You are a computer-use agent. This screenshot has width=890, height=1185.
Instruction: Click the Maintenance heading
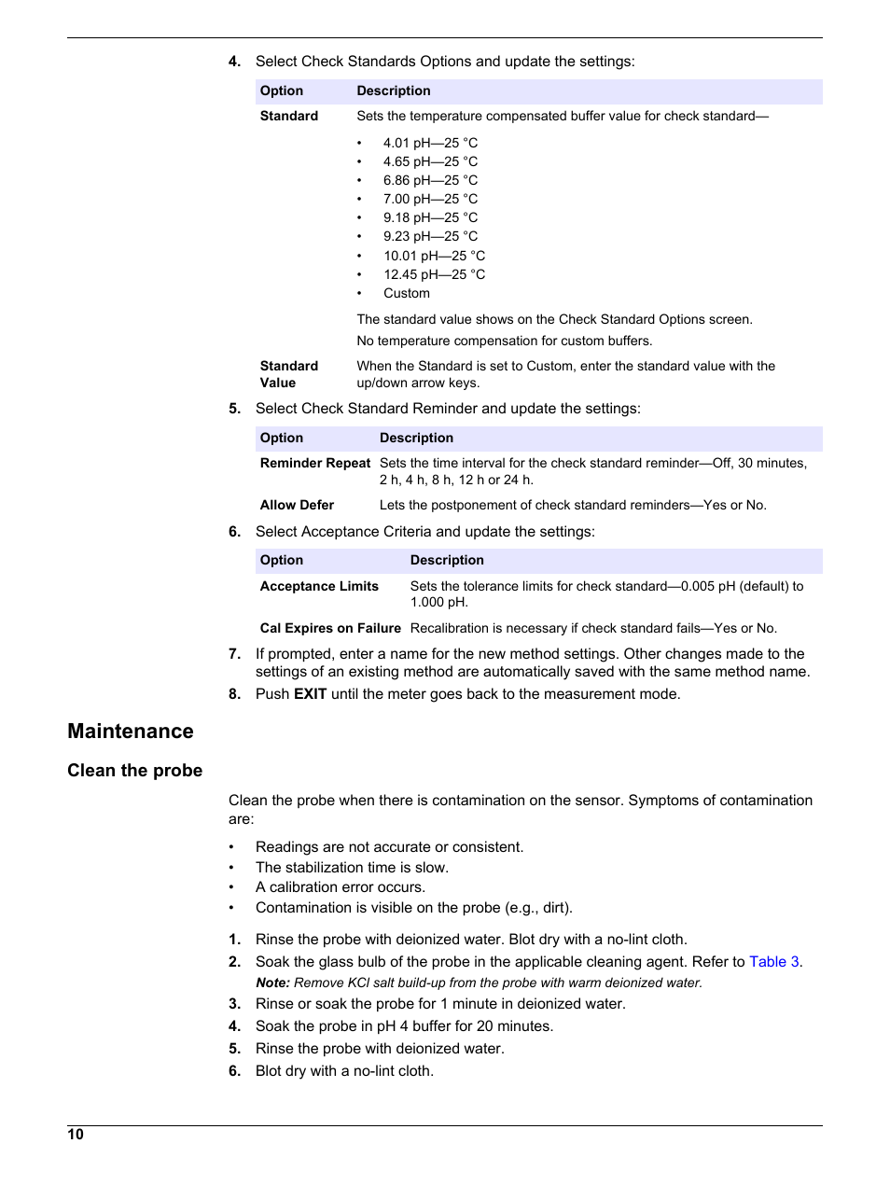point(131,732)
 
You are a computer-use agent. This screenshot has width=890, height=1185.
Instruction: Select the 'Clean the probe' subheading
point(134,771)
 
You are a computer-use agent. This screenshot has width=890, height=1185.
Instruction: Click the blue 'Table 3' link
point(773,962)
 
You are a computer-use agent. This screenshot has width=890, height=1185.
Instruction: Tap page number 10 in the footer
point(76,1135)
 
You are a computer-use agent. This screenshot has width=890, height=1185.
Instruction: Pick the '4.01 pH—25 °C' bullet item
point(430,143)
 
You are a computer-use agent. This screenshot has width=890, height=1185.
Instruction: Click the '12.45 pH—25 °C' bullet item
point(434,274)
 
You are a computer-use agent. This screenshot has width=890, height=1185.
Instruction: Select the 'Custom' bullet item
point(407,293)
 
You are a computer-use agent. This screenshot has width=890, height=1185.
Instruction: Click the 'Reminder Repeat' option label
point(315,463)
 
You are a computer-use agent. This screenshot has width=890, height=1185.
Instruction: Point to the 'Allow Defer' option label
point(297,505)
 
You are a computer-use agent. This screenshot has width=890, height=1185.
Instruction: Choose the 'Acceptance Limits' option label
point(319,586)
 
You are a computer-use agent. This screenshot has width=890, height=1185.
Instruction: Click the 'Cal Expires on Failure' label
point(330,628)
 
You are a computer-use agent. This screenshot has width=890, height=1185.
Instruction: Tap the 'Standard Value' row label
point(288,374)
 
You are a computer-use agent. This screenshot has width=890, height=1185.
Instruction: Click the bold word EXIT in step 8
point(310,694)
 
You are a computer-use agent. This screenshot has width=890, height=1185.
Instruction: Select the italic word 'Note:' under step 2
point(272,983)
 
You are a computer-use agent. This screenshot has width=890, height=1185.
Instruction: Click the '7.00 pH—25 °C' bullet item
point(430,199)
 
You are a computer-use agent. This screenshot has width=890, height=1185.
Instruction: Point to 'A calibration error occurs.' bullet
point(341,887)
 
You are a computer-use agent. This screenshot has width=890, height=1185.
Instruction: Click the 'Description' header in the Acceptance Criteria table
point(447,560)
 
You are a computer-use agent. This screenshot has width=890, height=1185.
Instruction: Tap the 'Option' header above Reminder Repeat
point(282,438)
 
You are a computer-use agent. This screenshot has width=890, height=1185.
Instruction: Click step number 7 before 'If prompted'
point(235,654)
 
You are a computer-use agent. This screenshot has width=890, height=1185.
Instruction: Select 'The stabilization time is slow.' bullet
point(352,868)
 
